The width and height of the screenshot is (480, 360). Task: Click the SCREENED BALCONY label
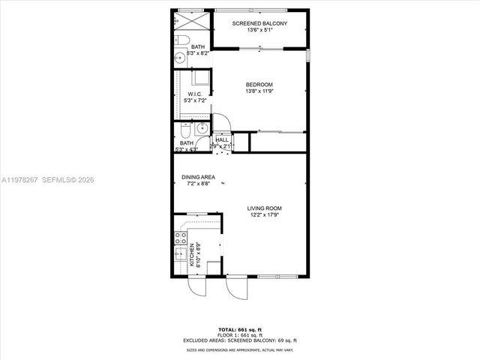[259, 24]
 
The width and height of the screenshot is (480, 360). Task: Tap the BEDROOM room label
[259, 84]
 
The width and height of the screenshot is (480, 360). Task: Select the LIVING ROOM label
[265, 208]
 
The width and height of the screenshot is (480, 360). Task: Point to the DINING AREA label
[198, 177]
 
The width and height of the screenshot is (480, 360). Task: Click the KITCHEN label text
[192, 254]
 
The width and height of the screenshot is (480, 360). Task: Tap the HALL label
[222, 139]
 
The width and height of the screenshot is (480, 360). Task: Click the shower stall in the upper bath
[187, 19]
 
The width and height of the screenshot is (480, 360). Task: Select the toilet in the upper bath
[182, 40]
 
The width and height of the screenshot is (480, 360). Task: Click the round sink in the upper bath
[180, 59]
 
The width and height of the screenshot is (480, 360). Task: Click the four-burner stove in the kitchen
[181, 238]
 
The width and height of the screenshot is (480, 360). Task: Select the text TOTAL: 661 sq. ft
[240, 330]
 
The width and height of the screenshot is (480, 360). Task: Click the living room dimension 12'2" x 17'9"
[265, 216]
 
